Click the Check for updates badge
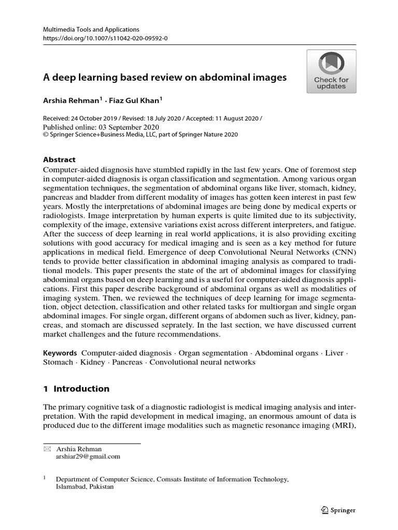tap(331, 71)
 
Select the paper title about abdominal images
tap(164, 78)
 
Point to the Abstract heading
tap(59, 160)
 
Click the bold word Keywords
tap(60, 352)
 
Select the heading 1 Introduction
tap(76, 389)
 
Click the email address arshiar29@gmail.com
tap(88, 457)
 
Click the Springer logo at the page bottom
tap(338, 510)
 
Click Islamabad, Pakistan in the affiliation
tap(85, 487)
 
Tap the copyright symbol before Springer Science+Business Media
tap(45, 135)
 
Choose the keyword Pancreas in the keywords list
tap(127, 362)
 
